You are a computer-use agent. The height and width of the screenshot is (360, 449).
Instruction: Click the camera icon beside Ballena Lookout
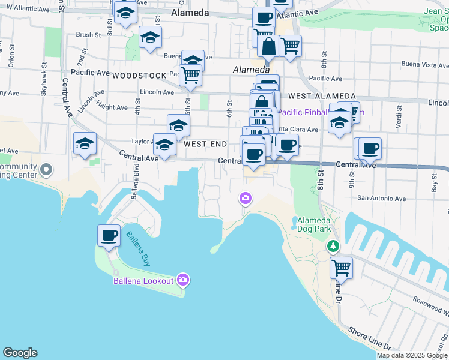coord(183,280)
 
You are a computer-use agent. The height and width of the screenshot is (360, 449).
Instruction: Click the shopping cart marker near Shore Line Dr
coord(341,267)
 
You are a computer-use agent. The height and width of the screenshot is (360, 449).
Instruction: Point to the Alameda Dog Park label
coord(314,224)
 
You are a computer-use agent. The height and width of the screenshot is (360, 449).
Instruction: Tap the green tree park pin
coord(333,246)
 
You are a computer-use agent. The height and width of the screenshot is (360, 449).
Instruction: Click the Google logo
coord(20,353)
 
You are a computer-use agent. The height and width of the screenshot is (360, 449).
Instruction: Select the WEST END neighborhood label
coord(205,144)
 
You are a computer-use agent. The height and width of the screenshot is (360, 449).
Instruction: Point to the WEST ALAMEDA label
coord(321,96)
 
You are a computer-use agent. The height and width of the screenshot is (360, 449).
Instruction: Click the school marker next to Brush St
coord(150,38)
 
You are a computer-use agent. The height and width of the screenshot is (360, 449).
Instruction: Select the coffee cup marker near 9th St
coord(370,148)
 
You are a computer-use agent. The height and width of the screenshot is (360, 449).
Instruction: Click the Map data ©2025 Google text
coord(412,355)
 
